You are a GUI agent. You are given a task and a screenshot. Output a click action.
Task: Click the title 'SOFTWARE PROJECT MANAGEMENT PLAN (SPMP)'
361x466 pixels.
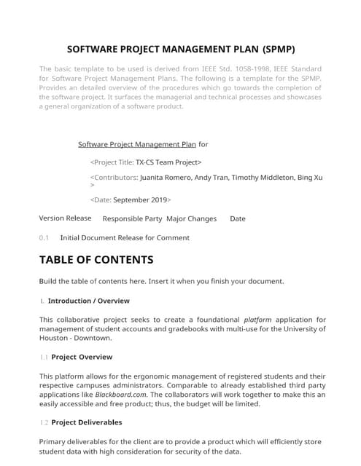181,50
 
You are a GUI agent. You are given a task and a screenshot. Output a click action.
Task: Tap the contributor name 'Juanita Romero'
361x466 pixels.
165,177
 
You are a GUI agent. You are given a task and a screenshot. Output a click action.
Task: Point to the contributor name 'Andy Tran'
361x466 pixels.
211,177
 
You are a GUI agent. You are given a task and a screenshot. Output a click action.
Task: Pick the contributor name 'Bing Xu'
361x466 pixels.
310,177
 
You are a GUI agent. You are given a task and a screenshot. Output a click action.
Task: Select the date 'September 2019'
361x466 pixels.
140,200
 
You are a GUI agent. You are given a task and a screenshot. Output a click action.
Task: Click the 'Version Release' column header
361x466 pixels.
65,218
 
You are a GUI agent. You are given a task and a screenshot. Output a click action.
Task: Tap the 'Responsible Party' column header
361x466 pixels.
132,218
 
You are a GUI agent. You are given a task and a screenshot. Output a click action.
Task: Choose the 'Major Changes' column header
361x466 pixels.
191,218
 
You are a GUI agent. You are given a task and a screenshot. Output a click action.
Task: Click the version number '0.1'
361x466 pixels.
44,237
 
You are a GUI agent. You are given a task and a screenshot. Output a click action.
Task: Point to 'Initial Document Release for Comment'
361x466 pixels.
125,237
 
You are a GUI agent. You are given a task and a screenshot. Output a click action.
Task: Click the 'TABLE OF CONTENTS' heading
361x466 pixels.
96,260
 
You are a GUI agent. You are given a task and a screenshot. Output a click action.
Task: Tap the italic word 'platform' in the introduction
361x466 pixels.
257,319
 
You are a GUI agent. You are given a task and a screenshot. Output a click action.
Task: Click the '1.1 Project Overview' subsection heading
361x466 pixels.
76,357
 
